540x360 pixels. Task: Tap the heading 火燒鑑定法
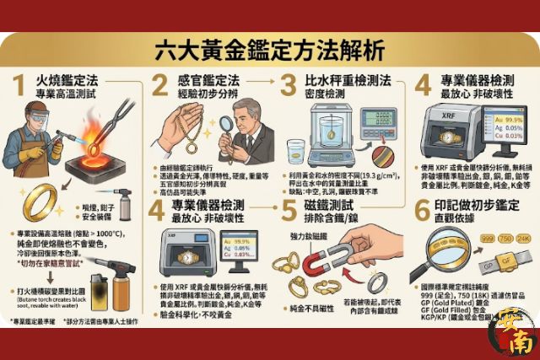(67, 81)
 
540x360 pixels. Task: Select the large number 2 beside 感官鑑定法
(161, 87)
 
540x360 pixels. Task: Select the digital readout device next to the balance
(379, 121)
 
